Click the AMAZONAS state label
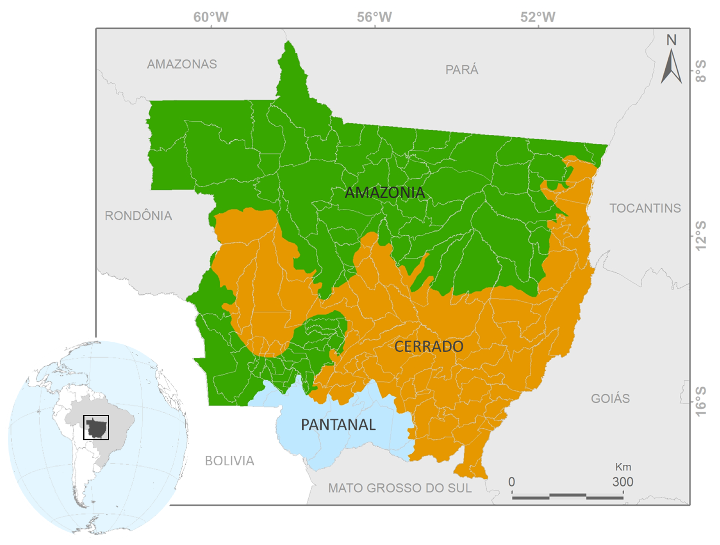click(182, 64)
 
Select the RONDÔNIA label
click(138, 216)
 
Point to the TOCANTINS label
click(645, 208)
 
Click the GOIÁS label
click(610, 398)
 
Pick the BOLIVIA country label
click(229, 461)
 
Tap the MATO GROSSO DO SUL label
click(400, 488)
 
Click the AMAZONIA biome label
click(385, 193)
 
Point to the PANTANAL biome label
click(338, 425)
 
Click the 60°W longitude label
click(211, 17)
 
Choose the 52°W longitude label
click(538, 17)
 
